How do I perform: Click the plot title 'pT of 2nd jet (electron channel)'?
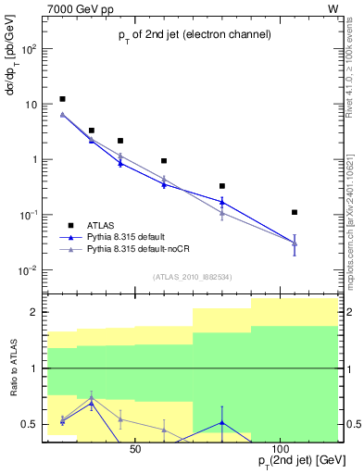point(195,35)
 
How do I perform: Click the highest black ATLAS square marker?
point(62,99)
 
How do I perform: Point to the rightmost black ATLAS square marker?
point(295,212)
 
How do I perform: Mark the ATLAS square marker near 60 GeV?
point(164,161)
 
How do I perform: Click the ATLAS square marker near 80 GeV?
point(222,186)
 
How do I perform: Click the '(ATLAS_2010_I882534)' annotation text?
point(192,276)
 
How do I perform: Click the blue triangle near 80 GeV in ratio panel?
point(222,423)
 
